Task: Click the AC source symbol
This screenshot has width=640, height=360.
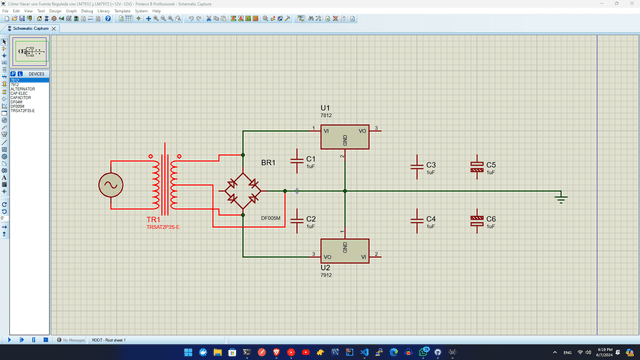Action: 107,185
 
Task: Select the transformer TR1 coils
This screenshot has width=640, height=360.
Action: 166,184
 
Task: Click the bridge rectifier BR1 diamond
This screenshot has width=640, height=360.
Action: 240,191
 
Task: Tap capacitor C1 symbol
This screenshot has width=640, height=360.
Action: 297,160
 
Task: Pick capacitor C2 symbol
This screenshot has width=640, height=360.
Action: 297,219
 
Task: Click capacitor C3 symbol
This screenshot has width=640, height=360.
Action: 417,167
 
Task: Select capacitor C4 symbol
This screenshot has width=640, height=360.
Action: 417,219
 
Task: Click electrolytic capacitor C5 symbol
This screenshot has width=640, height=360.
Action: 476,167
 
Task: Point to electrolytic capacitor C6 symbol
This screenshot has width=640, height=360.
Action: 476,219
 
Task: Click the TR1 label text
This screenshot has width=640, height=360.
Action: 153,218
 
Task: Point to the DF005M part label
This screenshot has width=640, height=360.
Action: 270,217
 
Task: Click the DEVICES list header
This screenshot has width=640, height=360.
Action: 36,74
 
